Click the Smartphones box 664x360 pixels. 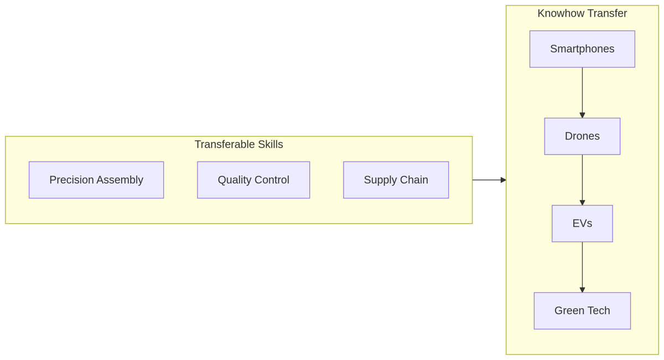click(582, 49)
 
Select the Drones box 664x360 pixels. click(582, 136)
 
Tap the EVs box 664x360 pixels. click(582, 223)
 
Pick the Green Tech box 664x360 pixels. click(582, 311)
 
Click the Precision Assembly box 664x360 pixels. click(96, 180)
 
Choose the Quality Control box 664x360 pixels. click(253, 180)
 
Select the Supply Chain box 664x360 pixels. click(396, 180)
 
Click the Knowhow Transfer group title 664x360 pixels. click(582, 13)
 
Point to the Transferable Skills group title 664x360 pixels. click(238, 144)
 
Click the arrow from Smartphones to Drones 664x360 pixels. click(582, 93)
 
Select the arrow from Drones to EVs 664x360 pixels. click(582, 180)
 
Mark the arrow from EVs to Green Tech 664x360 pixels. click(582, 267)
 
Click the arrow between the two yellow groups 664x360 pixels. click(489, 180)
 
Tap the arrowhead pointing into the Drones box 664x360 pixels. click(582, 115)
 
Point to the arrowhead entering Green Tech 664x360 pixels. click(582, 290)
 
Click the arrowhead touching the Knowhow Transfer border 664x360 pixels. click(504, 180)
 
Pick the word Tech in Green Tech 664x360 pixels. click(599, 311)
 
